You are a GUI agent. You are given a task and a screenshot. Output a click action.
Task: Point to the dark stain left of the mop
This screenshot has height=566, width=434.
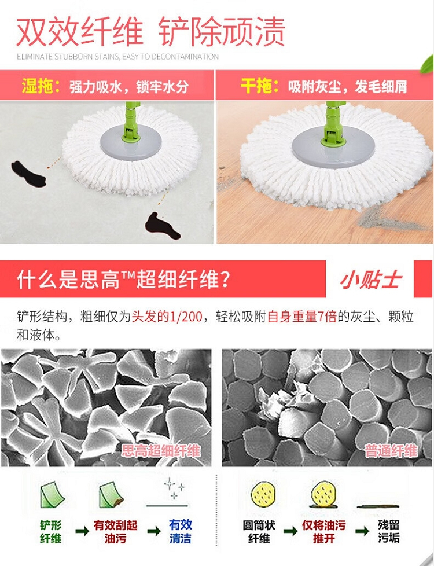coord(28,174)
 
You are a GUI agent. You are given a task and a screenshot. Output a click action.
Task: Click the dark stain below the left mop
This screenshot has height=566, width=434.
coord(163,226)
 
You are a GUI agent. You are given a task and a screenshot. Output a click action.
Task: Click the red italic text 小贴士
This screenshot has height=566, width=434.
coord(370,280)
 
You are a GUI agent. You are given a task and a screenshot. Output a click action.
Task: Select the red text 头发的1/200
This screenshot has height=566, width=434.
coord(167,317)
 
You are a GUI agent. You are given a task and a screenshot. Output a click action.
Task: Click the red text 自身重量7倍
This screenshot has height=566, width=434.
coord(302,317)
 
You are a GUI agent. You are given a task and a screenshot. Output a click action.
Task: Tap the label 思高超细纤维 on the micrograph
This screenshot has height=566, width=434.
coord(161,450)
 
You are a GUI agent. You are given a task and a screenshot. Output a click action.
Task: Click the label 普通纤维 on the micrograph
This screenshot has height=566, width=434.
coord(391,450)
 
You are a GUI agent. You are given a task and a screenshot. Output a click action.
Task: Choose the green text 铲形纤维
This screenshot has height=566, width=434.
coord(50,531)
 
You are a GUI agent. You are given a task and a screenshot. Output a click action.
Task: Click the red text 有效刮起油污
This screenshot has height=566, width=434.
coord(116,531)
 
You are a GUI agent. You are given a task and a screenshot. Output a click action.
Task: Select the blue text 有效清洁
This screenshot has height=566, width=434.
coord(181,531)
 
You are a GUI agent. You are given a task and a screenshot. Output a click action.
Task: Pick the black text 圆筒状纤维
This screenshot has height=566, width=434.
coord(259,531)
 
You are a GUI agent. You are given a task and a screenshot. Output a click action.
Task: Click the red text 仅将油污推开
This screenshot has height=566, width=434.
coord(323,531)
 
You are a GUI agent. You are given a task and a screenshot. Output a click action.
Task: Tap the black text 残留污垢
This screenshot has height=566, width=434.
coord(388,531)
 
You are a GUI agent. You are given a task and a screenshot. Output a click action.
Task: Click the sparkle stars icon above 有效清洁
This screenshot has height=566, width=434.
coord(174,488)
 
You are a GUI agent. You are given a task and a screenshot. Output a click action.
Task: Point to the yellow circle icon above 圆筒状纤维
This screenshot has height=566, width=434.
coord(263,494)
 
